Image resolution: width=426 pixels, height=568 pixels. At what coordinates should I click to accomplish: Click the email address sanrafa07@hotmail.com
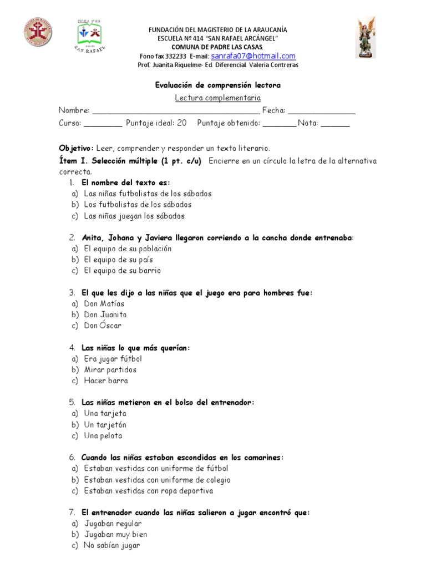(253, 56)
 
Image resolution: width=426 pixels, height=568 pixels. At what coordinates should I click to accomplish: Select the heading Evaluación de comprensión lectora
(217, 85)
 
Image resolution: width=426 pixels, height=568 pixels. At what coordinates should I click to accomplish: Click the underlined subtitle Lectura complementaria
(217, 98)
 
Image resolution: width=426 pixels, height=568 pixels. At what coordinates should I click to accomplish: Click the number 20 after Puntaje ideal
(182, 123)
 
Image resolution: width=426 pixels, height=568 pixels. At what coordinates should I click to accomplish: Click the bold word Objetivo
(77, 148)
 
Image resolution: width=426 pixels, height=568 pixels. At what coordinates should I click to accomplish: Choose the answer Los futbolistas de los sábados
(138, 205)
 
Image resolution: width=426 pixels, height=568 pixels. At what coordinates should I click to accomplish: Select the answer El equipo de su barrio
(122, 271)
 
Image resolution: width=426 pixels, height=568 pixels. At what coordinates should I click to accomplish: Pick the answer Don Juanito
(105, 315)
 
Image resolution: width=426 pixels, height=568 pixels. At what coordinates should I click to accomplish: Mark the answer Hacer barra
(106, 381)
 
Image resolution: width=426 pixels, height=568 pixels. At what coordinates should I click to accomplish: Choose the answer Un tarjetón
(105, 424)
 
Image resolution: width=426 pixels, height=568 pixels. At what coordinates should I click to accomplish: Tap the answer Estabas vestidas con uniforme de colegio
(157, 480)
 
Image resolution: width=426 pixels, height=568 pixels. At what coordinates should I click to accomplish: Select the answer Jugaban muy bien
(116, 535)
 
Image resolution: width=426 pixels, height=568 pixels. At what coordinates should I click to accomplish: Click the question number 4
(72, 348)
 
